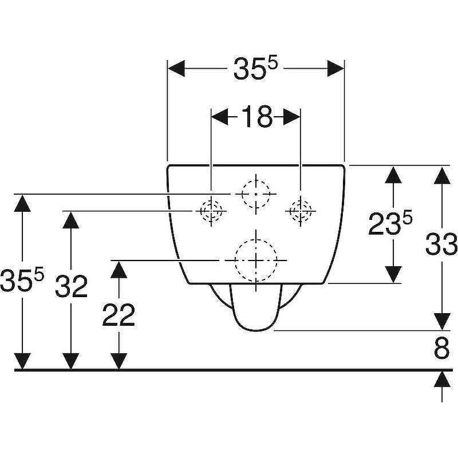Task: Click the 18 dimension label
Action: [x=256, y=117]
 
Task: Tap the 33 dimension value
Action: [x=441, y=244]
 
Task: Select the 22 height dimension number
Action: [x=119, y=315]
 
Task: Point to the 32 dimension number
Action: [x=71, y=286]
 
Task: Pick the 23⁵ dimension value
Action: [x=390, y=223]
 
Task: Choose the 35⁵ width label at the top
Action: [x=255, y=68]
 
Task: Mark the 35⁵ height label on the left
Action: [x=22, y=280]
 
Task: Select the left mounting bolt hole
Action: [x=211, y=211]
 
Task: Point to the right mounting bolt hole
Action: [x=301, y=211]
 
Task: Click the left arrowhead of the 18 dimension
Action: [x=219, y=117]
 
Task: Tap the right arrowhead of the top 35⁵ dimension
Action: [x=335, y=69]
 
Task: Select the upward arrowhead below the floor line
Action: [x=442, y=379]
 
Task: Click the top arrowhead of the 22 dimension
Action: [x=119, y=269]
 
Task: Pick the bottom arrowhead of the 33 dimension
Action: [x=442, y=322]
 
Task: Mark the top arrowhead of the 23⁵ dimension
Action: [x=393, y=175]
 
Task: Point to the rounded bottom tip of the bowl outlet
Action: [x=256, y=331]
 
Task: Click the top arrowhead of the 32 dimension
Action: [x=71, y=220]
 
